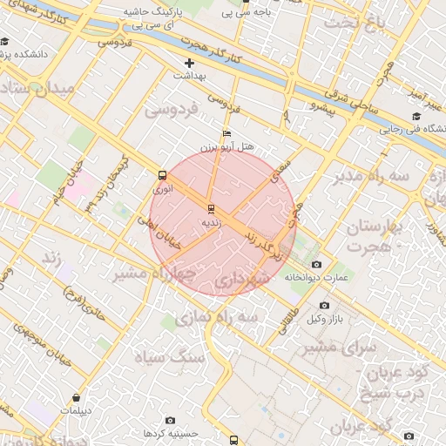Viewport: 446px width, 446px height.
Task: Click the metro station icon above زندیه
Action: point(210,209)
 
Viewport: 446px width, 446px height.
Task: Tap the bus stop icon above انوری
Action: point(163,175)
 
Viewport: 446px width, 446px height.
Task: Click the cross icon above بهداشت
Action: point(189,63)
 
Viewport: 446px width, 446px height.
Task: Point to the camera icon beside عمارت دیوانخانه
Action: point(315,264)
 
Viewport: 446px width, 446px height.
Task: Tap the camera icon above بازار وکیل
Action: point(325,305)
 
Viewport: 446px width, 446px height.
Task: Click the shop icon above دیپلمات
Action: point(79,397)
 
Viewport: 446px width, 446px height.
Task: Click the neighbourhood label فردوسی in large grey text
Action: point(172,110)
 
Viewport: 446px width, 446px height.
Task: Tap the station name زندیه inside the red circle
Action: point(212,223)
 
